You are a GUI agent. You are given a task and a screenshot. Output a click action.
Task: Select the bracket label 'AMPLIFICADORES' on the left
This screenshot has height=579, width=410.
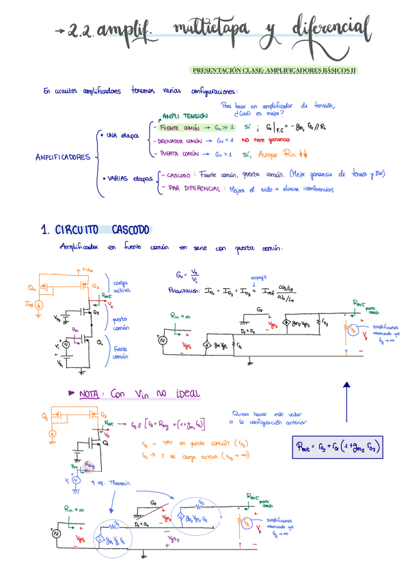(x=63, y=157)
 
